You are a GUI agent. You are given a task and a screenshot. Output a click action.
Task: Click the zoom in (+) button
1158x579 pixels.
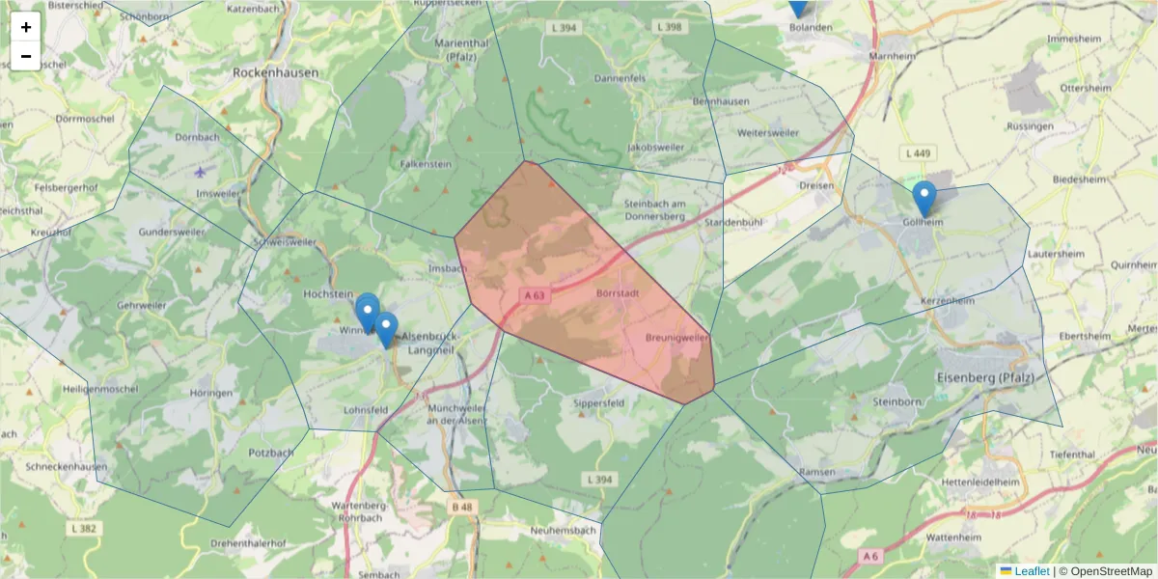tap(26, 27)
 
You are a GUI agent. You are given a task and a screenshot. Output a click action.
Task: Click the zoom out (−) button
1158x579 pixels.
tap(26, 56)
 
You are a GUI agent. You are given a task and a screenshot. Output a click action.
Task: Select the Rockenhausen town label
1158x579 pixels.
tap(275, 72)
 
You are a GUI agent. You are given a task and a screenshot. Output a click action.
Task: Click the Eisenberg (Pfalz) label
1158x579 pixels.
tap(984, 376)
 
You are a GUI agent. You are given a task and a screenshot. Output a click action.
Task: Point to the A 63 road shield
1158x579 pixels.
tap(538, 294)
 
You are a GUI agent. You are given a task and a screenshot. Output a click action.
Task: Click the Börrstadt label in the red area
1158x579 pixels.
tap(619, 291)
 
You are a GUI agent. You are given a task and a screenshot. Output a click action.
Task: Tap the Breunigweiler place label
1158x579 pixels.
tap(676, 338)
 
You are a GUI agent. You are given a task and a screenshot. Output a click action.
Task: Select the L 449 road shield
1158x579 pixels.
tap(918, 153)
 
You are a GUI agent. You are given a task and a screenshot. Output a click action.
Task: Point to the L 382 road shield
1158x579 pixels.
tap(85, 528)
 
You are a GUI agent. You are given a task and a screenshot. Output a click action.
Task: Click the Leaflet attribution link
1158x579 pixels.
tap(1031, 571)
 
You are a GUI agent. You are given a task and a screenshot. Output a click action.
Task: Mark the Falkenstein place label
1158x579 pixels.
tap(426, 165)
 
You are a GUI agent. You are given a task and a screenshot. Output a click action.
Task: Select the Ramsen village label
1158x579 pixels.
tap(816, 471)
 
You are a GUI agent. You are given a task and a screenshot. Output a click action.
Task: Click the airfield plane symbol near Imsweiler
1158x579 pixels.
tap(200, 173)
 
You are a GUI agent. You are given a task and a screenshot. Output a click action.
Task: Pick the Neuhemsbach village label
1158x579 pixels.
tap(564, 531)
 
